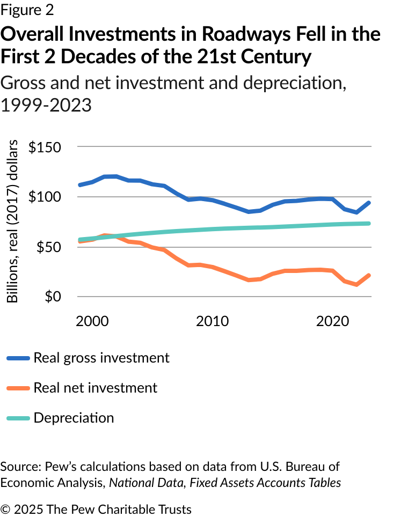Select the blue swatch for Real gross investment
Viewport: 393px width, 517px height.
[x=18, y=358]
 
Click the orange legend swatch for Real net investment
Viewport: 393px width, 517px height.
[x=18, y=388]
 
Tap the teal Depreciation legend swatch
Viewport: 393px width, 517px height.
[x=18, y=418]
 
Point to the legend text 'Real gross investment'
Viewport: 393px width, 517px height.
[x=101, y=358]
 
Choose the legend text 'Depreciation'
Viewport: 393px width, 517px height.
[x=74, y=418]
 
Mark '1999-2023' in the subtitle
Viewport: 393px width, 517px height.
[x=46, y=105]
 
